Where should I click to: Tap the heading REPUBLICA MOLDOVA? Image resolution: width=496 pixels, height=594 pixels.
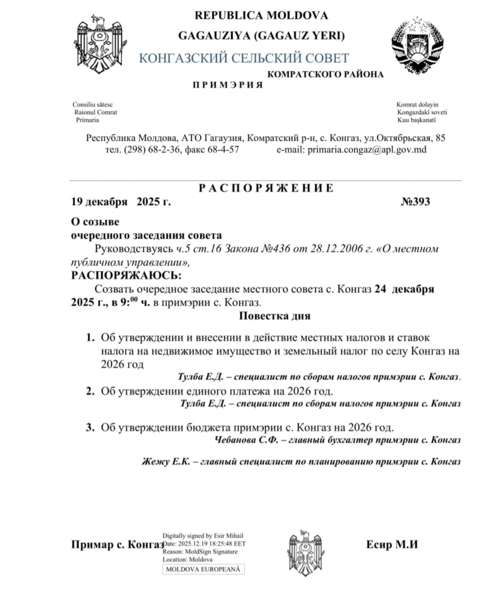coord(261,15)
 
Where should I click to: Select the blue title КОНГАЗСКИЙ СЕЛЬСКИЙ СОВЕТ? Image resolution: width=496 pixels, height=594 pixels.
coord(244,58)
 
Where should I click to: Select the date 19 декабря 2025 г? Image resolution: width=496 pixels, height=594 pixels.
coord(121,202)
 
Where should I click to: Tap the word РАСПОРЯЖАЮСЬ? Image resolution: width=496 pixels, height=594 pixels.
coord(125,274)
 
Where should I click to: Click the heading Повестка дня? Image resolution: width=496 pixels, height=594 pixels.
coord(274,316)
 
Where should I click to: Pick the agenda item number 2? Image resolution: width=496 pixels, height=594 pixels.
coord(90,392)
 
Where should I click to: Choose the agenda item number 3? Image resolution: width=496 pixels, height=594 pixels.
coord(90,428)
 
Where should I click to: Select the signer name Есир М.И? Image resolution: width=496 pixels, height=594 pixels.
coord(392,545)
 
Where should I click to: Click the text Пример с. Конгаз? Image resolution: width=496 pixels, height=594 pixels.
coord(117,545)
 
